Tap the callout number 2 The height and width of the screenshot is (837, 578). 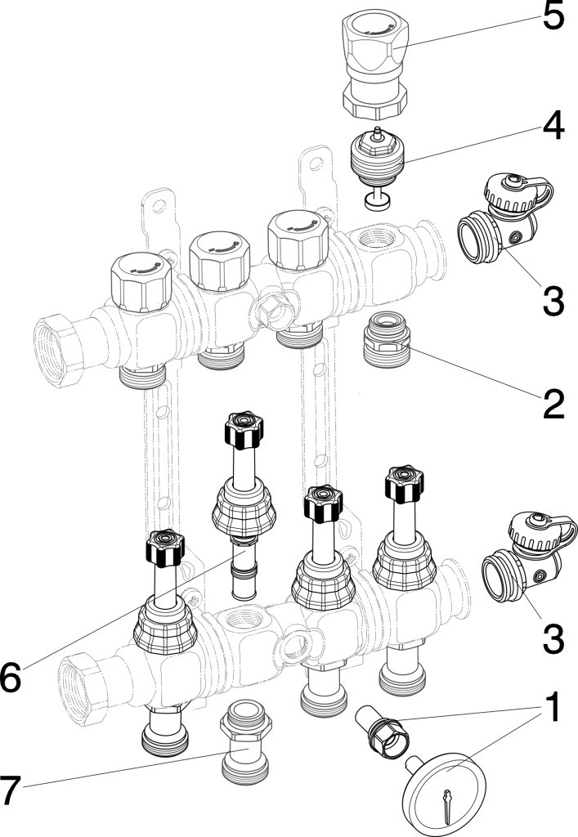(x=553, y=402)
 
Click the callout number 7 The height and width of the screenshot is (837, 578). (x=12, y=790)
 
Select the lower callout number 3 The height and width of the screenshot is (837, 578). (x=553, y=637)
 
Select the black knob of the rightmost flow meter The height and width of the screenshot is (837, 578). (x=402, y=484)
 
